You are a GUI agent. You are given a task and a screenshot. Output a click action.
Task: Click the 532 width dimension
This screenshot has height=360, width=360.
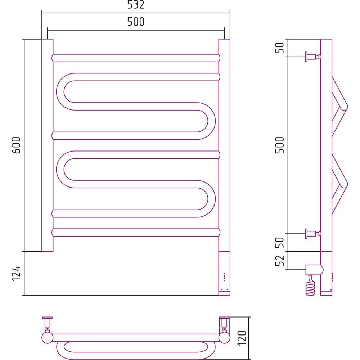click(x=136, y=5)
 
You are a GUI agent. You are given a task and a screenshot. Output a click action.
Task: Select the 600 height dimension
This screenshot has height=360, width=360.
click(x=16, y=145)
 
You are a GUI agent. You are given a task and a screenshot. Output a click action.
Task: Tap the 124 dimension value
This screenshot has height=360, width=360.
click(x=16, y=273)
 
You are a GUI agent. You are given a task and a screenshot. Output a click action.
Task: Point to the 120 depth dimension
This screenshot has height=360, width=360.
click(x=242, y=338)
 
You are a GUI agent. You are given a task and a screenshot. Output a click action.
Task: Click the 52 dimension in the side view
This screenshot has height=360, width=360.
click(x=280, y=260)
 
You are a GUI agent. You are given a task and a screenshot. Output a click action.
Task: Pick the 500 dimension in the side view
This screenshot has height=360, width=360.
click(x=280, y=145)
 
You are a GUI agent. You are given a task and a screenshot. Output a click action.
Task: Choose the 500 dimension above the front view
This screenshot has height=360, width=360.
click(x=136, y=22)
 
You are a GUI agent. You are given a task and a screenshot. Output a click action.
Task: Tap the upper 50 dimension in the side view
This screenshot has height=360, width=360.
click(x=280, y=48)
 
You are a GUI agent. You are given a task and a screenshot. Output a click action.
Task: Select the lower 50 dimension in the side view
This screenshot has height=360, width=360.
click(x=280, y=242)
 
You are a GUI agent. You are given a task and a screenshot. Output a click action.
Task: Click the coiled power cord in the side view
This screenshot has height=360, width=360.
click(x=310, y=285)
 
